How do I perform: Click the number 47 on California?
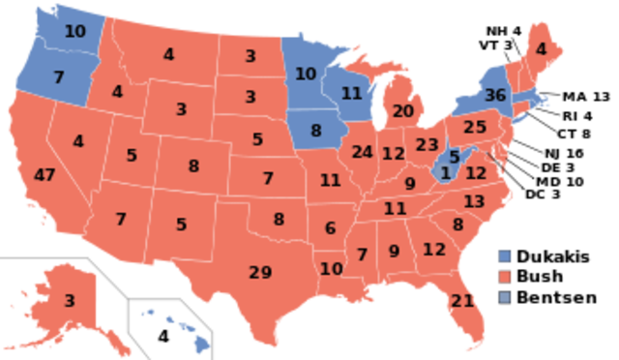pos(44,175)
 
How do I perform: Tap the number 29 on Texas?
pos(260,272)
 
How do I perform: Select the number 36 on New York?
pos(495,96)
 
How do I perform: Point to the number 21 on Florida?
pos(462,301)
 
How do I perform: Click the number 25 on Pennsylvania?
pos(474,127)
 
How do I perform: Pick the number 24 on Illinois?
pos(363,152)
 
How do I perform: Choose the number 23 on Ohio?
pos(427,145)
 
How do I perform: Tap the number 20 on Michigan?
pos(403,111)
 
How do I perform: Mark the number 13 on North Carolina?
pos(474,201)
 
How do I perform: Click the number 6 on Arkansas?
pos(330,228)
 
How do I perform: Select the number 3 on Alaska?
pos(70,300)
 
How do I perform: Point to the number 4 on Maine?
pos(541,49)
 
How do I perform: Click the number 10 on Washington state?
pos(74,31)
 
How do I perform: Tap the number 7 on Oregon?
pos(58,77)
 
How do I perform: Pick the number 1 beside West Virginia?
pos(445,173)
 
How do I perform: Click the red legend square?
pos(504,277)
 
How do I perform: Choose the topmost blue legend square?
pos(504,255)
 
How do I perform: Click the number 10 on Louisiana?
pos(332,268)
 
